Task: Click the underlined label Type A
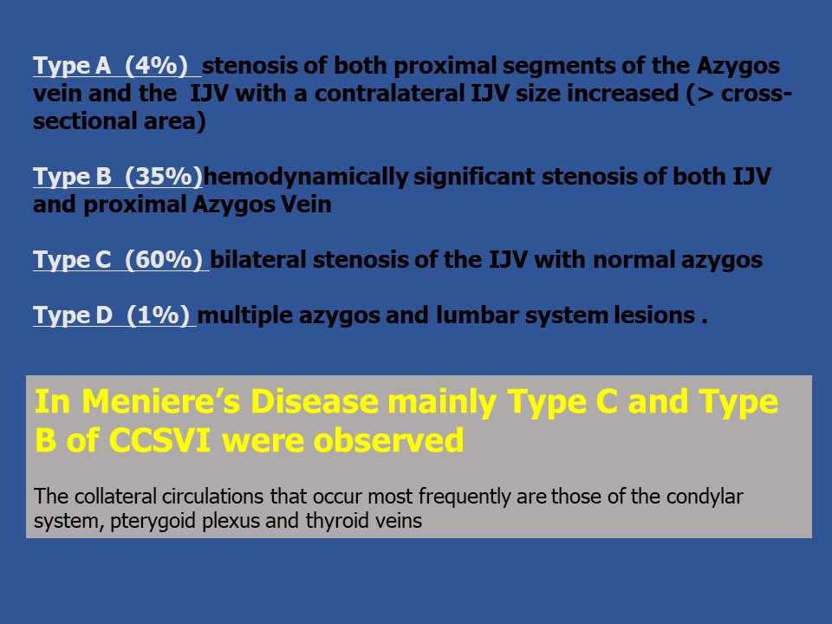click(x=72, y=66)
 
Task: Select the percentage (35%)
click(x=164, y=177)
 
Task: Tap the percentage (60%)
click(x=164, y=260)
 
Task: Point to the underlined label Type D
click(x=73, y=315)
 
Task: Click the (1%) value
click(x=158, y=315)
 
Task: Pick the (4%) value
click(x=156, y=66)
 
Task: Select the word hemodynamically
click(x=306, y=177)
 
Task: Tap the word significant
click(x=474, y=177)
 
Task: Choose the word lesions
click(x=655, y=315)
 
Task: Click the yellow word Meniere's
click(x=161, y=401)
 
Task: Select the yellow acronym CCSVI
click(x=159, y=440)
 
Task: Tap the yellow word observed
click(x=388, y=440)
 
